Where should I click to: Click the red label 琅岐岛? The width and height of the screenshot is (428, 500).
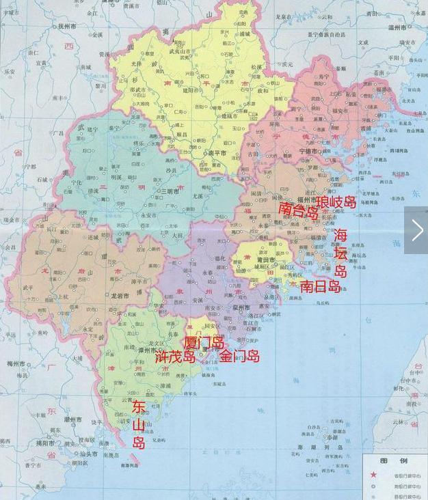pos(336,202)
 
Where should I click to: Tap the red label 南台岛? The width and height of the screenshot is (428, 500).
pos(299,210)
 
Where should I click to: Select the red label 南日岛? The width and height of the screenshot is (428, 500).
pos(320,286)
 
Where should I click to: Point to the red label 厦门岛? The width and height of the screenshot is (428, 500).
pos(204,342)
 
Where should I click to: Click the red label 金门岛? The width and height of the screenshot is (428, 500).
pos(239,356)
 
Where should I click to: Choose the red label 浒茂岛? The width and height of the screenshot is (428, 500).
pos(176,356)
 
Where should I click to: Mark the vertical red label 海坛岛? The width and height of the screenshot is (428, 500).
pos(340,253)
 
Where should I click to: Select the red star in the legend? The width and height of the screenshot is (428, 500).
pos(373,475)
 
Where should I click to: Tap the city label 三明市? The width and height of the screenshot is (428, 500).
pos(170,191)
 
